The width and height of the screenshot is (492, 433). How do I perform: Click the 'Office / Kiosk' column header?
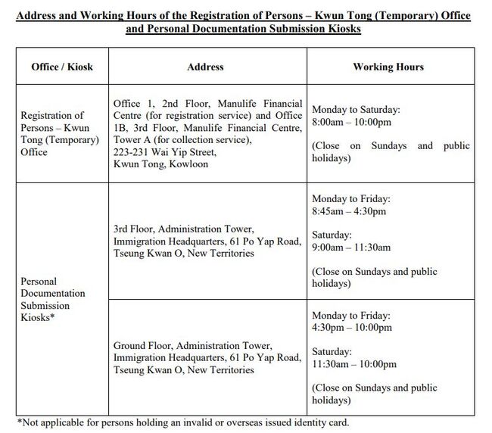point(62,67)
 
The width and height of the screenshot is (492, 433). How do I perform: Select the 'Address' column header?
point(205,67)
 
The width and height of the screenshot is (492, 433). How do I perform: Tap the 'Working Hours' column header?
point(388,67)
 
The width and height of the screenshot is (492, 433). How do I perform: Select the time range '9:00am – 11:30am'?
point(351,247)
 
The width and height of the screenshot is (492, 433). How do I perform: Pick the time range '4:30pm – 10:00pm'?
point(351,328)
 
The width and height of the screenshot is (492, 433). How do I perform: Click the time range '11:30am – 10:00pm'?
point(353,364)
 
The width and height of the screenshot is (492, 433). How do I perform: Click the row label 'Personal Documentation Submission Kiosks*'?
point(53,299)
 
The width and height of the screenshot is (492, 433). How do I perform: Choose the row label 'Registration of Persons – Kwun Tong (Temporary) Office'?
point(60,134)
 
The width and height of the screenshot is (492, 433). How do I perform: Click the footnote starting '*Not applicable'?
point(182,422)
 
